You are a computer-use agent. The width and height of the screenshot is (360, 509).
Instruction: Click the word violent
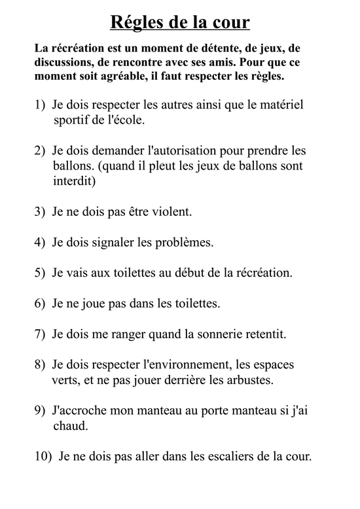point(171,212)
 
